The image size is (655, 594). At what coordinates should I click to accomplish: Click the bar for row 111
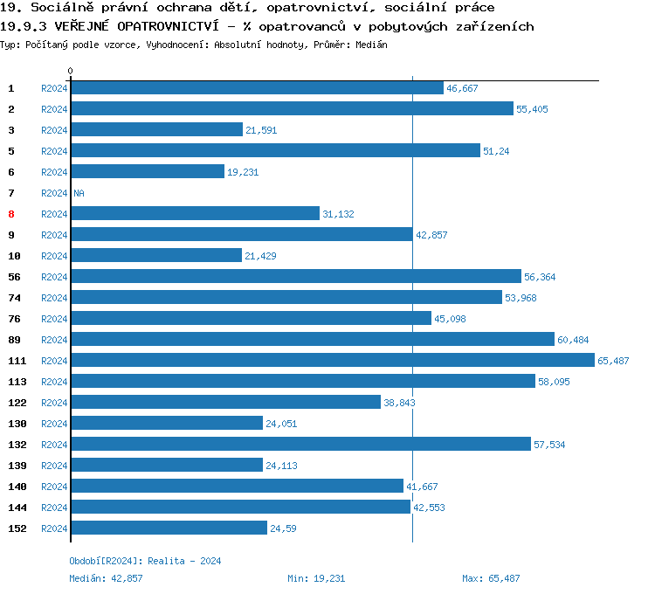pos(333,360)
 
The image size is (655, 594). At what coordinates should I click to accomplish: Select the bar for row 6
pos(148,171)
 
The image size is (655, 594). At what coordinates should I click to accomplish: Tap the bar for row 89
pos(313,339)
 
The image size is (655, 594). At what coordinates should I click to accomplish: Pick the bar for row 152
pos(169,528)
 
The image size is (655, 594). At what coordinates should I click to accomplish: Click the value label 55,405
pos(534,109)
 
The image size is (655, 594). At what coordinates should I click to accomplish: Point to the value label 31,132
pos(338,214)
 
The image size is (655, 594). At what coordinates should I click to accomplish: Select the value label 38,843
pos(402,403)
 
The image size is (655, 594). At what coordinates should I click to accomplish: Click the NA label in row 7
pos(79,193)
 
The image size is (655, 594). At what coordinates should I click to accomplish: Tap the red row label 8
pos(11,214)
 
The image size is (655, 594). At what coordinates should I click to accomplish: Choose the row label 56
pos(14,277)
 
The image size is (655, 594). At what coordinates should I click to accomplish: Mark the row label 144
pos(17,508)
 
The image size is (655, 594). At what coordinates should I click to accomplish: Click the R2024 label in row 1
pos(54,88)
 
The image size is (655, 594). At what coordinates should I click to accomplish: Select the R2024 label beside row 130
pos(54,424)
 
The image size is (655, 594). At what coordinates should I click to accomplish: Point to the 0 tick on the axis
pos(71,71)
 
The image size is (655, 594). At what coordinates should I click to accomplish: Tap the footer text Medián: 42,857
pos(106,578)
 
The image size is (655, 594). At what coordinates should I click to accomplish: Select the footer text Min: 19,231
pos(316,578)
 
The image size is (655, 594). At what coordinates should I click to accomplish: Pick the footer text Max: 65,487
pos(491,578)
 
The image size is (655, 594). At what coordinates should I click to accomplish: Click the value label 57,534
pos(549,445)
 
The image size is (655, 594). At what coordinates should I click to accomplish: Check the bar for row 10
pos(156,255)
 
